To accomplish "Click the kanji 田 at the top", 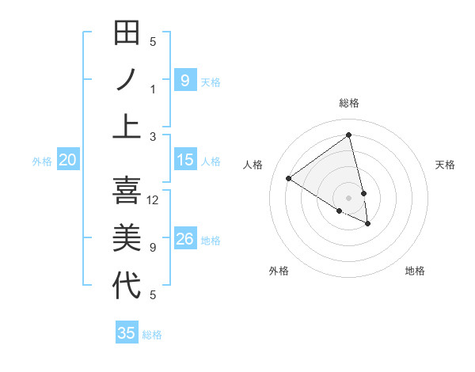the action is click(127, 34).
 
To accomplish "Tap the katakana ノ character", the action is click(127, 80).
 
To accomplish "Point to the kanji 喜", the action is click(127, 191).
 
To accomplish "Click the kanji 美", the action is click(127, 238).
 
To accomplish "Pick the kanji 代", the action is click(127, 286).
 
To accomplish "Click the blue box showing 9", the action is click(184, 80).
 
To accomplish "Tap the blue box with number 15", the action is click(184, 160).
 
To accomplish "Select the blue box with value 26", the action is click(184, 239).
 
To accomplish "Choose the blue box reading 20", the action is click(67, 160).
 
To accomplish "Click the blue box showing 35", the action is click(127, 333).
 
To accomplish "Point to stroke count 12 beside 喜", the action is click(154, 200).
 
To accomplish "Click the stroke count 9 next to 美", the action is click(153, 248).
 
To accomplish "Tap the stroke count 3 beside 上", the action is click(153, 136).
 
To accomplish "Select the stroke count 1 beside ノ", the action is click(153, 89).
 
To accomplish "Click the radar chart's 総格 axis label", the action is click(349, 103).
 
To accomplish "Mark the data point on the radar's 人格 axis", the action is click(288, 179).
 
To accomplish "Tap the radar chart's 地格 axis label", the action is click(415, 271).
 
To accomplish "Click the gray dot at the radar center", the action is click(349, 197).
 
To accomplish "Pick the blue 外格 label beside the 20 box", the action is click(42, 161).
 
